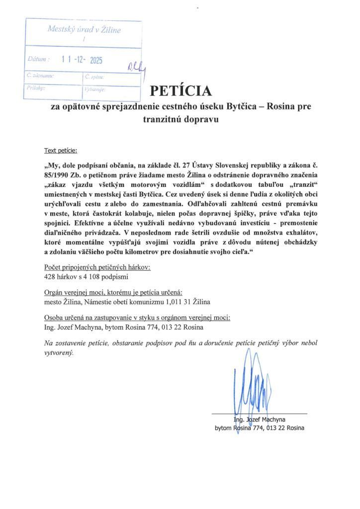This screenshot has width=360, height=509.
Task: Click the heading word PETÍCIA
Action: click(180, 91)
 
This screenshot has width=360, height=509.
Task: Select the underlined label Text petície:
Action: click(61, 150)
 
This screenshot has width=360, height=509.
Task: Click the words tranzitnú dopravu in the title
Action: click(180, 120)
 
